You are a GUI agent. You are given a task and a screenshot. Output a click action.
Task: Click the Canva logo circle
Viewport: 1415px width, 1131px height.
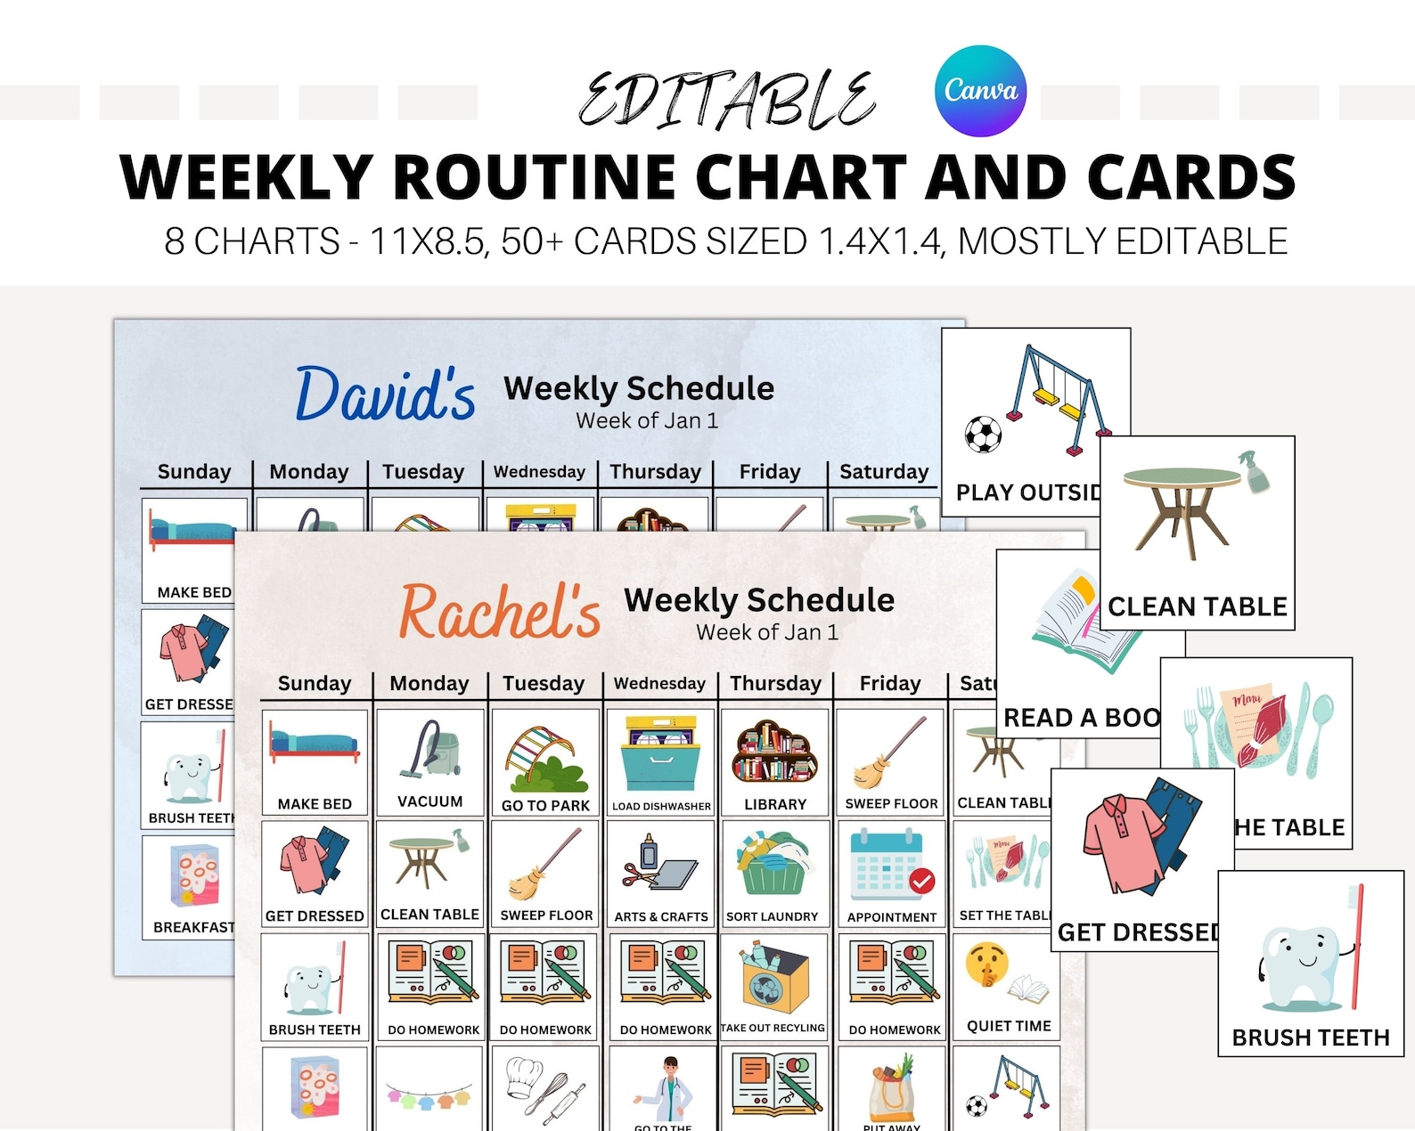980,91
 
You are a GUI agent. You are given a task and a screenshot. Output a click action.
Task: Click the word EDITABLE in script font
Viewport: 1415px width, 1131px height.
726,100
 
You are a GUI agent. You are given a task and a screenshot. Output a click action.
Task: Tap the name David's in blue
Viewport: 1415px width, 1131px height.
385,395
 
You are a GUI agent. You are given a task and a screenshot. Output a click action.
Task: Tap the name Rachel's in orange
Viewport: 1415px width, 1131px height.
500,613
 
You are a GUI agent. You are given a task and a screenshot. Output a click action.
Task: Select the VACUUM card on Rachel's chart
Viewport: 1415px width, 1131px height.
430,762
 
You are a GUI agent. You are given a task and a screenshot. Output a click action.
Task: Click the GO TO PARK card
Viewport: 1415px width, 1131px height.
545,764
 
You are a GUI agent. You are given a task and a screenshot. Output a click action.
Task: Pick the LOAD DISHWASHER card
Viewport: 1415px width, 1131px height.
661,764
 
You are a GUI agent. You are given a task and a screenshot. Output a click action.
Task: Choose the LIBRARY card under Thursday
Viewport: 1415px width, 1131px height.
775,764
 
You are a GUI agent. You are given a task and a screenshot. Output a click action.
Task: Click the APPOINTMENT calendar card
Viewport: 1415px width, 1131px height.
891,875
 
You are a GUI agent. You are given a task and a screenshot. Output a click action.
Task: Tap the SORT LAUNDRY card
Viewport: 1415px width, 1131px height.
772,875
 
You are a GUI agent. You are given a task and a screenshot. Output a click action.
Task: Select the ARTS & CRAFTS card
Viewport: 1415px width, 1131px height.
661,875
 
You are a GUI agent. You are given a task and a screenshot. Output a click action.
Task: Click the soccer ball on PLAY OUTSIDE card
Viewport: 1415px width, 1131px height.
983,435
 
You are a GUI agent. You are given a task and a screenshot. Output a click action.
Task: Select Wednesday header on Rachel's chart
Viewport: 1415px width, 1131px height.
659,684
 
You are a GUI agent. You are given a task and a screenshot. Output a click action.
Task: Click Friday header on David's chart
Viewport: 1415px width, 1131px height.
770,472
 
